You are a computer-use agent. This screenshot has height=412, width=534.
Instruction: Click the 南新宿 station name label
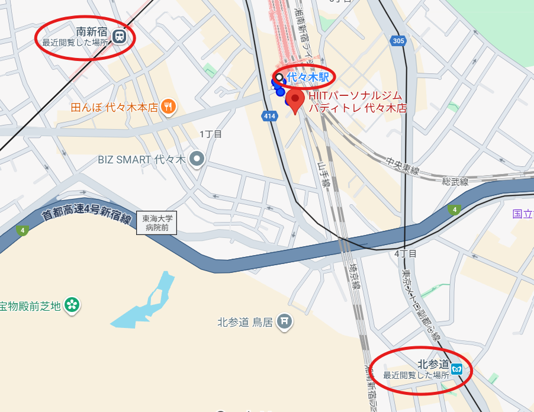click(92, 31)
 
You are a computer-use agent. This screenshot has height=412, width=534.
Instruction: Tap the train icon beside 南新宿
click(120, 37)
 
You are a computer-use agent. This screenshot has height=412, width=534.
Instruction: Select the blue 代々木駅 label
click(308, 76)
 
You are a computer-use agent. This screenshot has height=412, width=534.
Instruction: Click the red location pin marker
click(295, 100)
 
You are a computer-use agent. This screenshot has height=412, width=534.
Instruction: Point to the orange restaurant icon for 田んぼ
click(169, 107)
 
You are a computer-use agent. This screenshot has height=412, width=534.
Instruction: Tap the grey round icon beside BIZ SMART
click(197, 159)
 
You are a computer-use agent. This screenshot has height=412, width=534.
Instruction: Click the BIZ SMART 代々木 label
click(141, 159)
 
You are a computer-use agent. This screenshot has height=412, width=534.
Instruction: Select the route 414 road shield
click(270, 116)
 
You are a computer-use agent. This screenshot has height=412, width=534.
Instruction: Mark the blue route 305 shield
click(398, 41)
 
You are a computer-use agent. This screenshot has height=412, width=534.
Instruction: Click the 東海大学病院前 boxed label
click(157, 222)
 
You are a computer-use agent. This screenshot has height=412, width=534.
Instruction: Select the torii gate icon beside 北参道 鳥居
click(285, 321)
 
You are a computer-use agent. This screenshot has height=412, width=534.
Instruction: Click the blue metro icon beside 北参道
click(456, 369)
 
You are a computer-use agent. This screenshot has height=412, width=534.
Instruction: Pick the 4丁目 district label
click(406, 253)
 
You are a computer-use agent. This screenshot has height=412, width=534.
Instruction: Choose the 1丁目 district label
click(210, 134)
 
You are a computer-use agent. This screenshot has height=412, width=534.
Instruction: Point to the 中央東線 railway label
click(403, 166)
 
